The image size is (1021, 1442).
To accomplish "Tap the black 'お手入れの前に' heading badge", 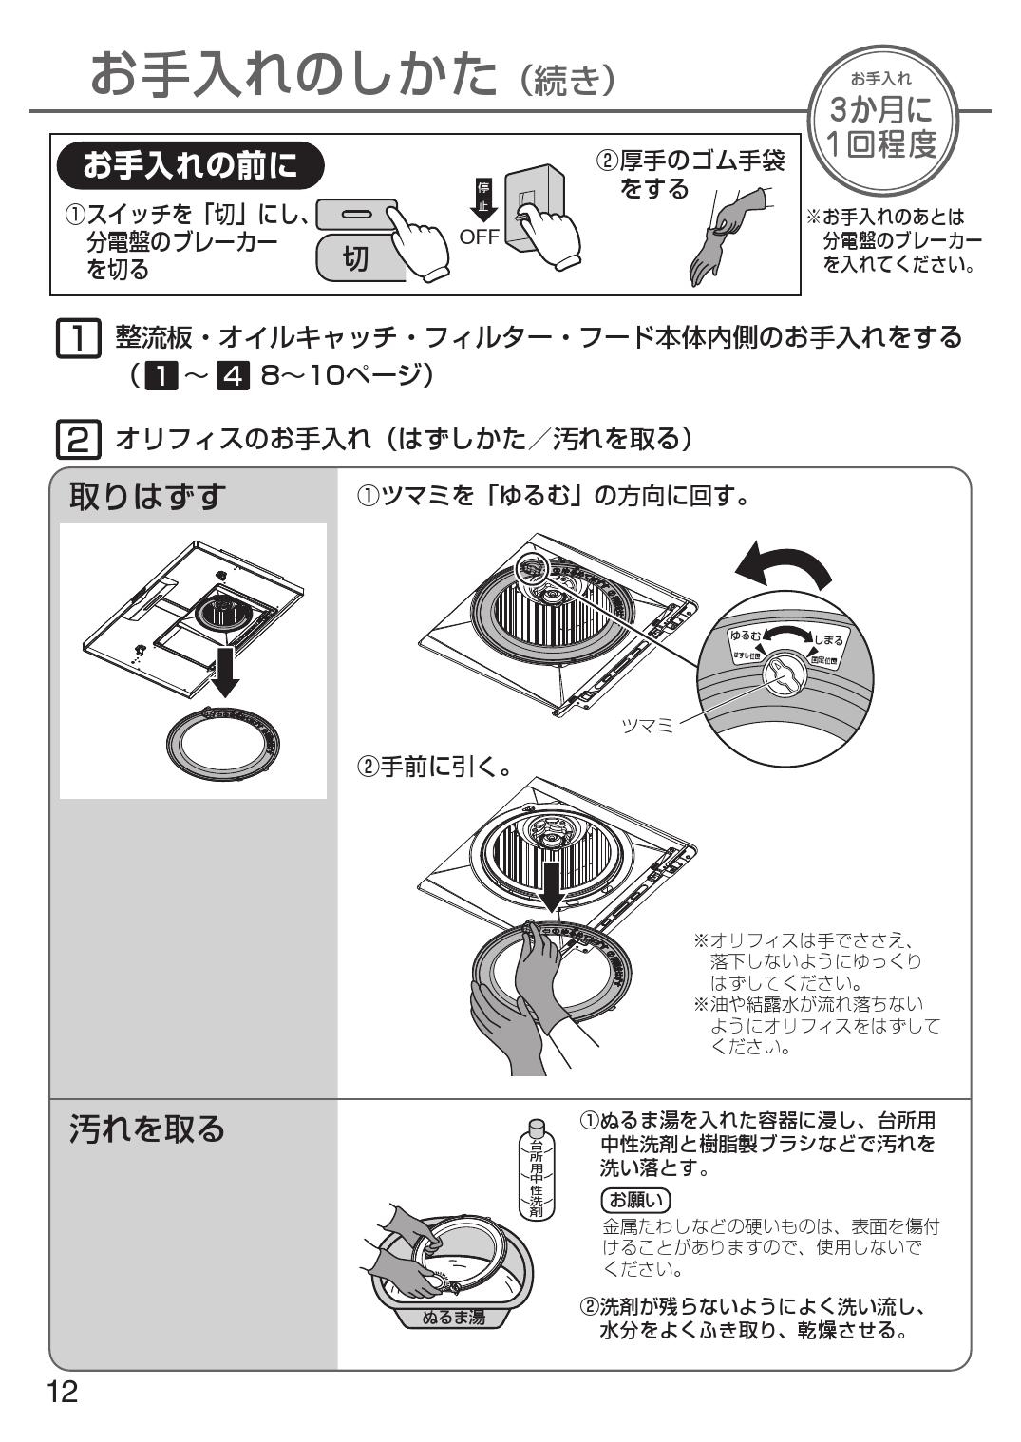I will coord(190,166).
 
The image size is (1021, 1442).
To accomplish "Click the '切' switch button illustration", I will coord(356,256).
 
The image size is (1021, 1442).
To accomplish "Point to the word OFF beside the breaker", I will coord(480,237).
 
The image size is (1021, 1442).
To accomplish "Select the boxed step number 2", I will coord(78,439).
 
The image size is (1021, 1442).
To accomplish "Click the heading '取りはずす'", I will coord(148,495).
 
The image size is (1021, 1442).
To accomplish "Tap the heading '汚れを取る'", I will coord(148,1128).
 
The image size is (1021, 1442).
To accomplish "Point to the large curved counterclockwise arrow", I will coord(784,568).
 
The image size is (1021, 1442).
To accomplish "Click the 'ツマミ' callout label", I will coord(646,725).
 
